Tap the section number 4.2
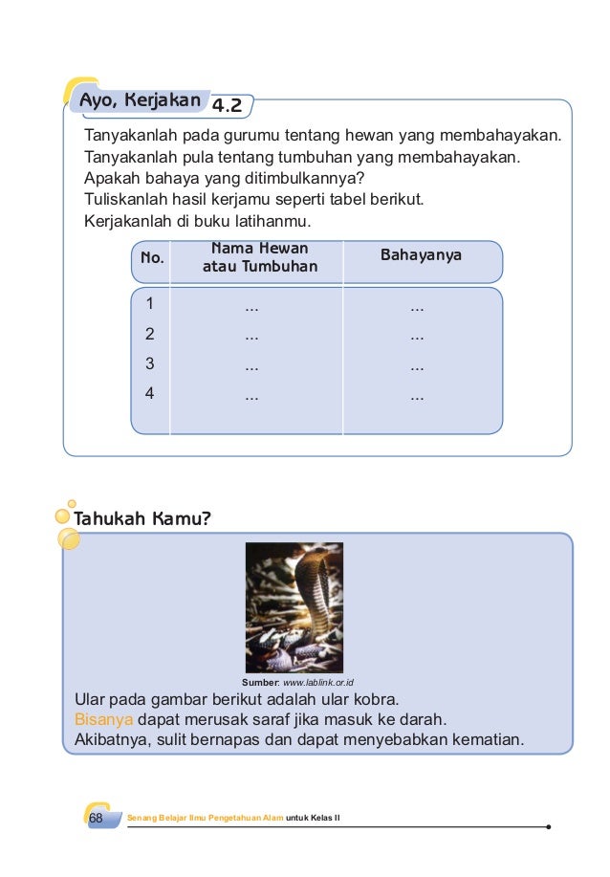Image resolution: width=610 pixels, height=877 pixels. tap(227, 104)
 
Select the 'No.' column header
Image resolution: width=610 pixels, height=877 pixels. tap(152, 258)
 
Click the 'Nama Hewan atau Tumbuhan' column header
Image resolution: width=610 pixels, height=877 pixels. tap(259, 257)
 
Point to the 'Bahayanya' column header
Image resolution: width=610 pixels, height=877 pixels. tap(421, 255)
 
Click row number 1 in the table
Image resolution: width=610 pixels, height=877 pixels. tap(149, 305)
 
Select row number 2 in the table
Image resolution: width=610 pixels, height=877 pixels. tap(149, 335)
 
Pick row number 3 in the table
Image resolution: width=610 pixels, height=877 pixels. tap(149, 364)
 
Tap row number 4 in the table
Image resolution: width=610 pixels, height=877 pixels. tap(149, 393)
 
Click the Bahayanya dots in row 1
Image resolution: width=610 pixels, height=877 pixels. tap(417, 308)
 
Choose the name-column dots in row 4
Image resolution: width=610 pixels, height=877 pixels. tap(252, 396)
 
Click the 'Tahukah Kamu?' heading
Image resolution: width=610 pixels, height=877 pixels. tap(142, 518)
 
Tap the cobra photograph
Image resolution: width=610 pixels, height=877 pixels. tap(294, 607)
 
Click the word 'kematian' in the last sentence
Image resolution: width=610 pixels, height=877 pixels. tap(485, 739)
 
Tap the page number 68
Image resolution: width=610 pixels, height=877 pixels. tap(95, 820)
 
